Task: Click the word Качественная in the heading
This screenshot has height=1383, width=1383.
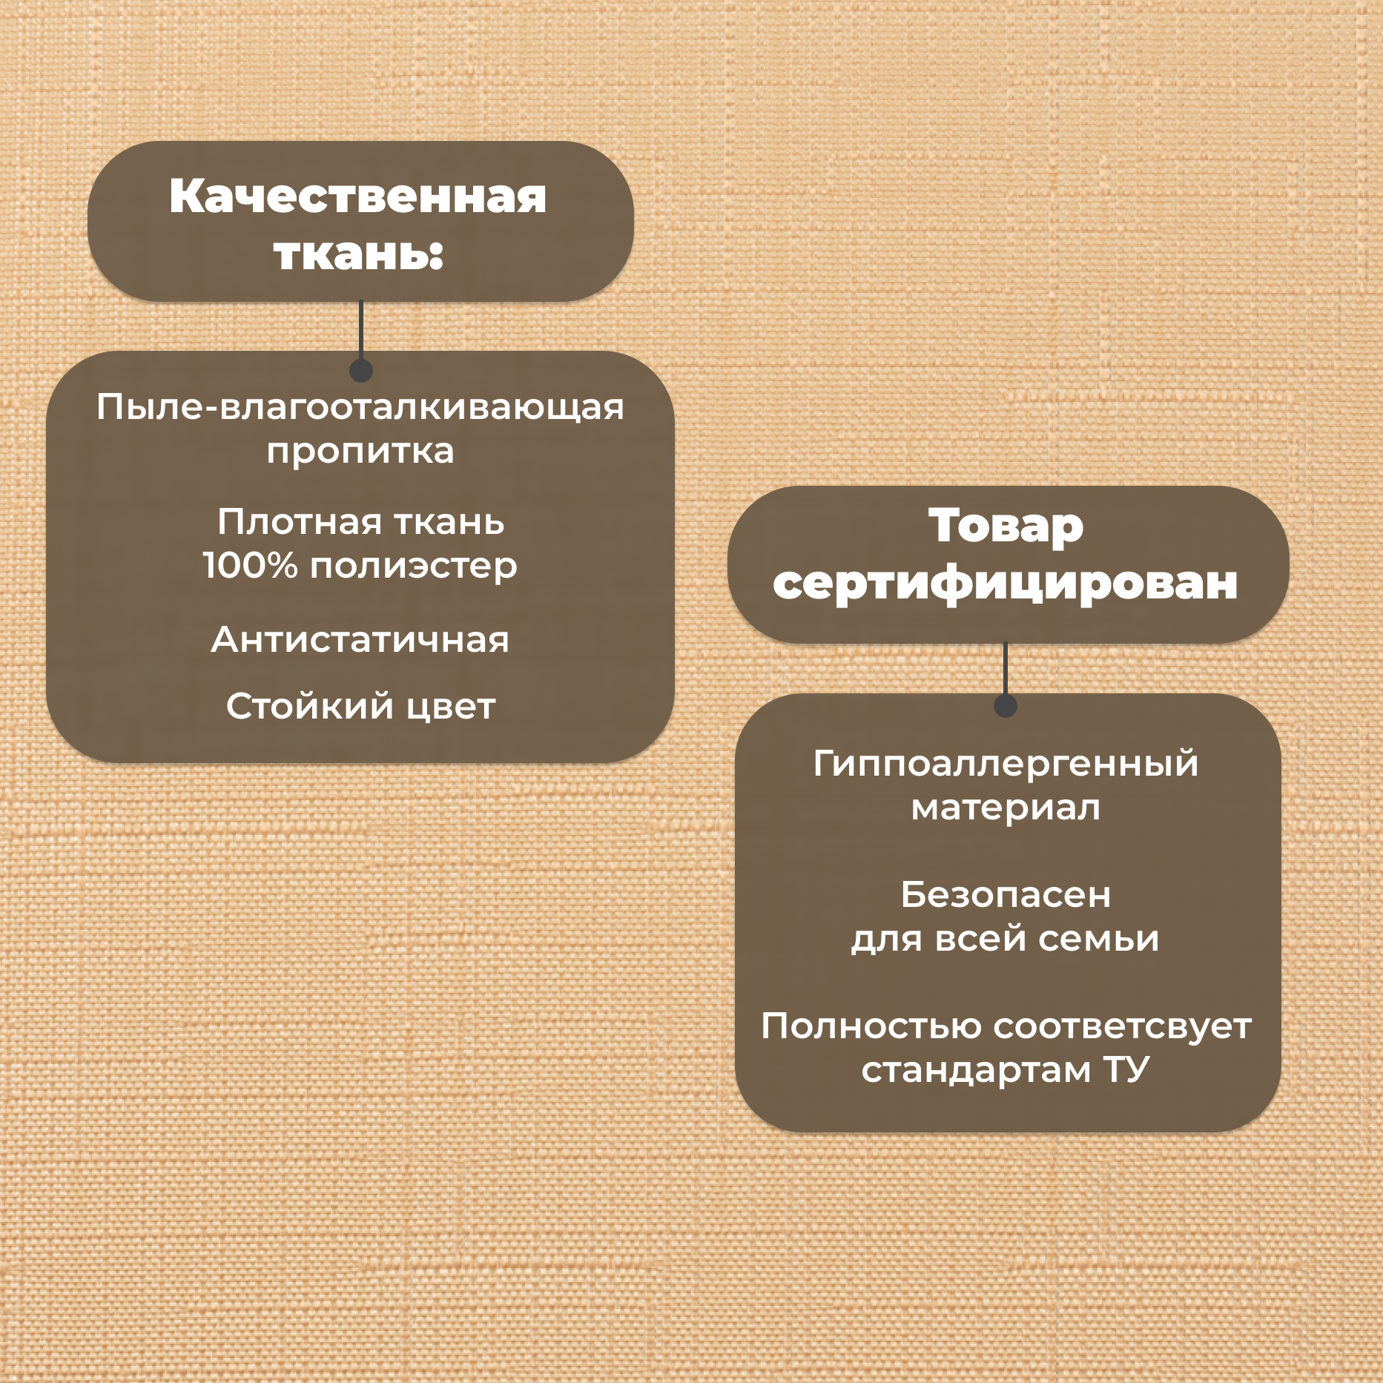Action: tap(357, 197)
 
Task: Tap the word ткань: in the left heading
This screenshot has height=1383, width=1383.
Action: tap(358, 254)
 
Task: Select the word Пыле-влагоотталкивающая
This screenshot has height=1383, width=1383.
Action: tap(360, 407)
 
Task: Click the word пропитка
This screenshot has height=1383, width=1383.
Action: tap(360, 452)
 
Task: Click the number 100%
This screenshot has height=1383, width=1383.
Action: tap(250, 566)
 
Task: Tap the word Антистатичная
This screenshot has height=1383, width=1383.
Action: tap(360, 640)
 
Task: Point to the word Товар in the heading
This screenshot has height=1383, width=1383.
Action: tap(1006, 527)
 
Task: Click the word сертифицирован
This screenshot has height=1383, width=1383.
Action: tap(1006, 584)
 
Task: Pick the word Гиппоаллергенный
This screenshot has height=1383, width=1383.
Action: tap(1006, 765)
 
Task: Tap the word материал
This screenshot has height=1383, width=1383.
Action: tap(1006, 808)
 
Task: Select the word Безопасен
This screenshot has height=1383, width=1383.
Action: tap(1006, 895)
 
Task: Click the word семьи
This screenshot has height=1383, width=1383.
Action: tap(1098, 939)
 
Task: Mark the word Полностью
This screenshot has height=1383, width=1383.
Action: tap(871, 1027)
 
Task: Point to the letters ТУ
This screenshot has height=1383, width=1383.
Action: tap(1126, 1069)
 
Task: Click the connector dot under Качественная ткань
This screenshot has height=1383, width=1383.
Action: tap(360, 370)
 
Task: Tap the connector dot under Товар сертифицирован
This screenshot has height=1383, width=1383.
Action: tap(1005, 706)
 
